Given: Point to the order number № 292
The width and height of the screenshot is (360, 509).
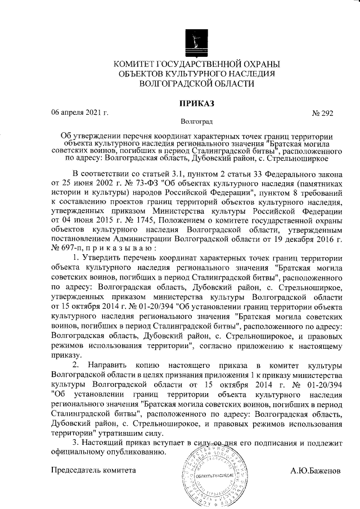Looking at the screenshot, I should click(x=322, y=113).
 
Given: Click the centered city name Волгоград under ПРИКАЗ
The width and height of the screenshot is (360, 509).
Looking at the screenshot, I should click(x=196, y=121).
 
